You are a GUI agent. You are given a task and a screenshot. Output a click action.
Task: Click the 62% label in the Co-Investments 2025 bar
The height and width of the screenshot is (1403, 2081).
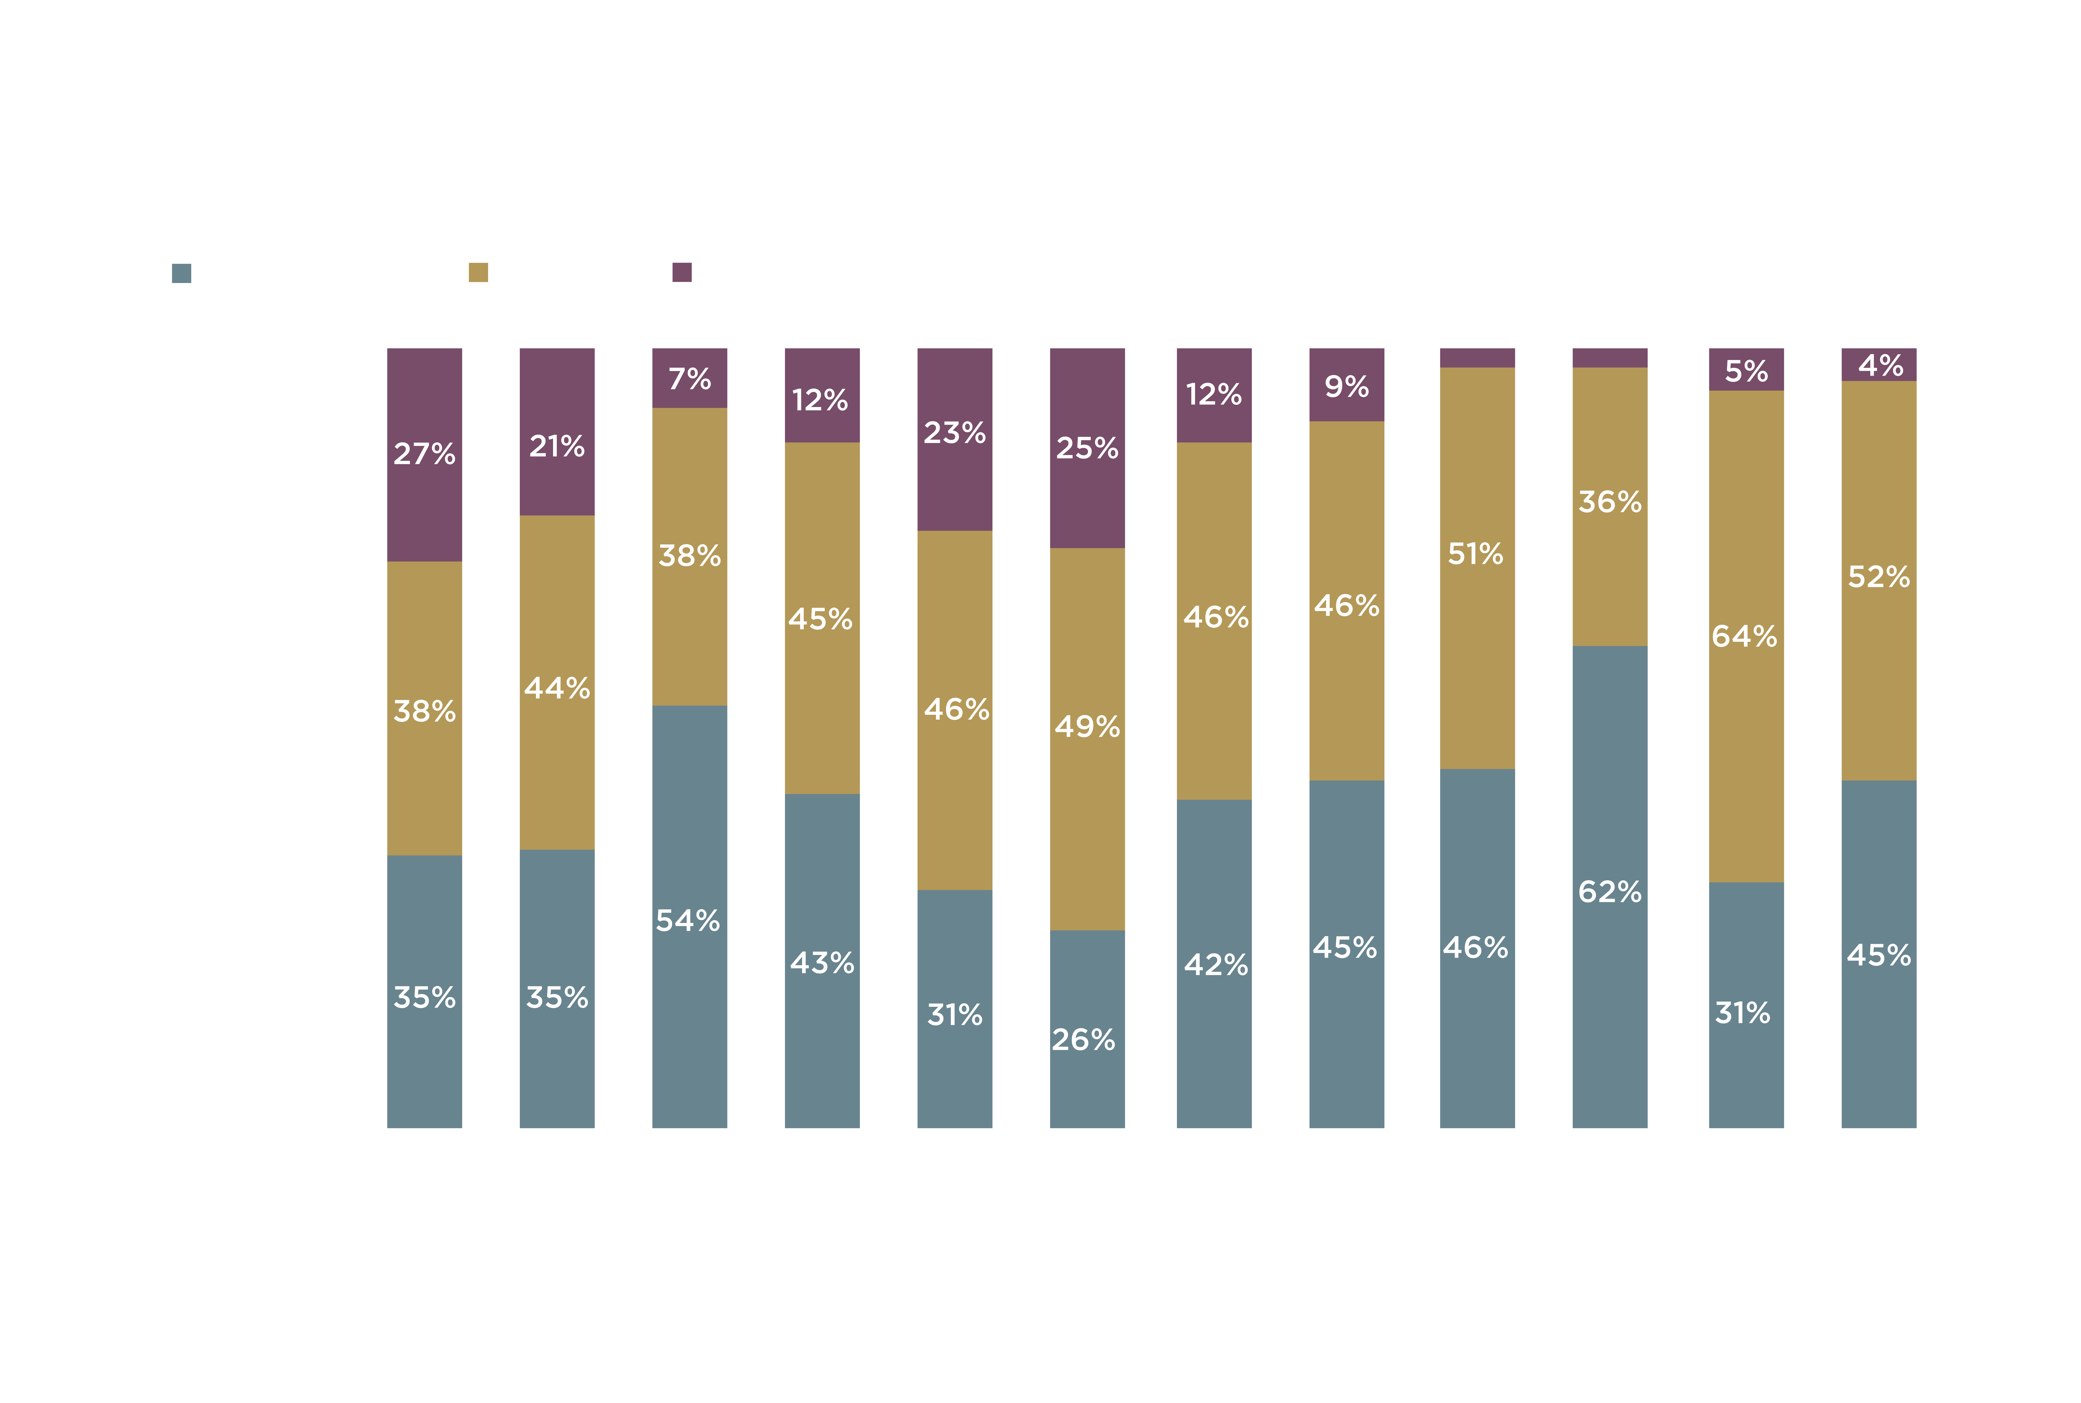[1609, 892]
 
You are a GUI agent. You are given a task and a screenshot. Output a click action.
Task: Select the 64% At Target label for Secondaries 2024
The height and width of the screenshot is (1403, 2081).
[1743, 636]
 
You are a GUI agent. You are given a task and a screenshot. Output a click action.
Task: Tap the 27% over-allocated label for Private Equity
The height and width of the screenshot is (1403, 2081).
[424, 454]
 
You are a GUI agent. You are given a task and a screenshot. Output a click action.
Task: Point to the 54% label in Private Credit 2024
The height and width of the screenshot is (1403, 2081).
[687, 921]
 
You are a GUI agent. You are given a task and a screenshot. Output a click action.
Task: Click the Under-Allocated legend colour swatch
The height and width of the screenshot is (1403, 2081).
[182, 273]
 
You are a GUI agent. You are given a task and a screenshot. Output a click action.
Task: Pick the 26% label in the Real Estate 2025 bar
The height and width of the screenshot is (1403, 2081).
[1083, 1040]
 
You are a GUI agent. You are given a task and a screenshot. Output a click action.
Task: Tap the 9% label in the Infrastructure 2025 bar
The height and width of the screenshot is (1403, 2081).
[1346, 387]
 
